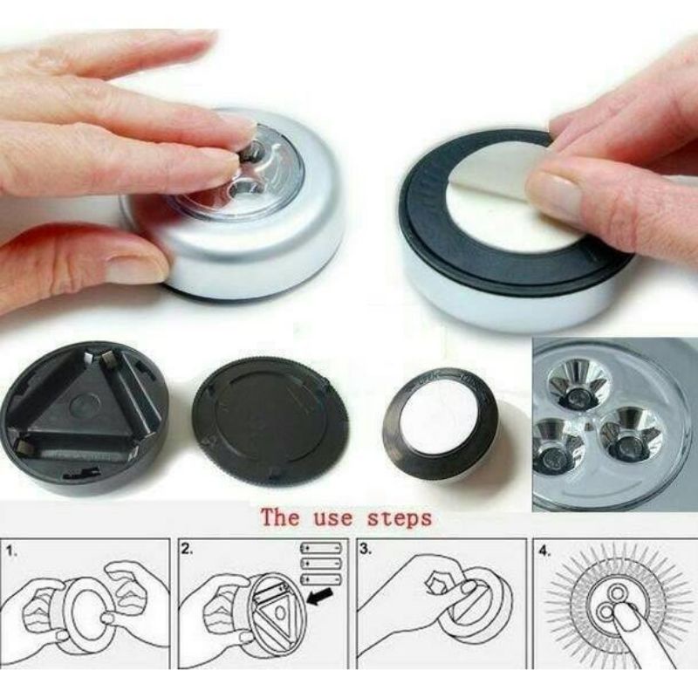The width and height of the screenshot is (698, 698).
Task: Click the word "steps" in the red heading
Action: coord(400,518)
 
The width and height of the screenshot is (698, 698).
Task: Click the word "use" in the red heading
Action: coord(333,518)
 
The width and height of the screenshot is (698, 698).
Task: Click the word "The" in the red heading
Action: coord(280,517)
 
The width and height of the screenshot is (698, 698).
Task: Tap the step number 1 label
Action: coord(12,551)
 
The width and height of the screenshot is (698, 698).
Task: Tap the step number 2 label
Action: coord(188,550)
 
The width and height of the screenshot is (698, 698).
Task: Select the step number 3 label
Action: coord(366,550)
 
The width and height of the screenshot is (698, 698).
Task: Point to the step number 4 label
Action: coord(544,551)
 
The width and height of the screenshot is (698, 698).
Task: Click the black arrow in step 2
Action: coord(320,596)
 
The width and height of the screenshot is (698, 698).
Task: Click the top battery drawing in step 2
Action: coord(321,548)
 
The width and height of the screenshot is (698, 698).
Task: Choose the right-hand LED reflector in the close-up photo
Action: coord(629,435)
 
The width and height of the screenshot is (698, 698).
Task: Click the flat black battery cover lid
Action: coord(270,420)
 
